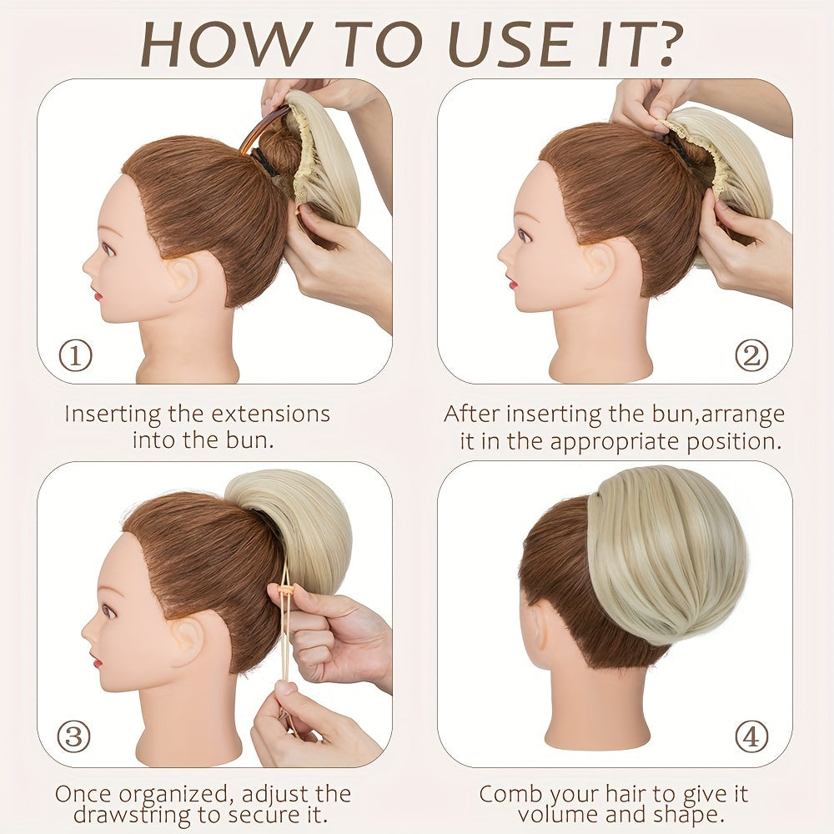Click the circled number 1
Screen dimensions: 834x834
[75, 356]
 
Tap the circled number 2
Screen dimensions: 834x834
[751, 356]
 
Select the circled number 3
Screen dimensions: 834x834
[74, 736]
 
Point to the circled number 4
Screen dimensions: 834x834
[751, 736]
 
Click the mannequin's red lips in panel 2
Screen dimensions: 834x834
[513, 283]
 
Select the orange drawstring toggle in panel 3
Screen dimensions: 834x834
[287, 590]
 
